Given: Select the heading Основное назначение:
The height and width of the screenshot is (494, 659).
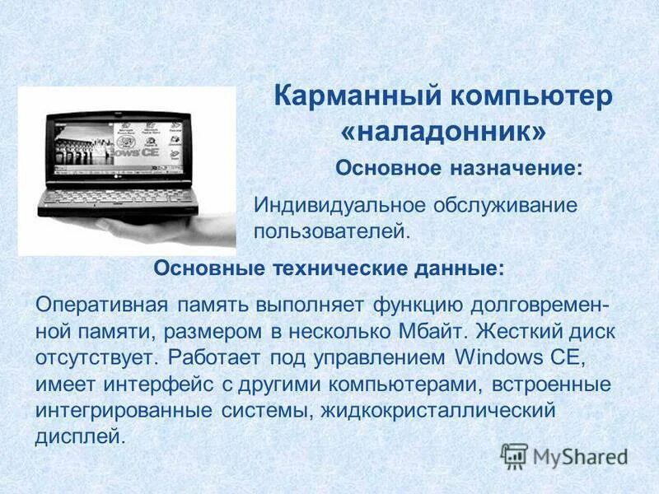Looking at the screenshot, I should pos(459,168).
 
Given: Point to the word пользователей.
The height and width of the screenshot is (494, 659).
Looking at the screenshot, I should pos(331,230).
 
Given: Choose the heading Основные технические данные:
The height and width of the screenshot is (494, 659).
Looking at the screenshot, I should pos(329,268).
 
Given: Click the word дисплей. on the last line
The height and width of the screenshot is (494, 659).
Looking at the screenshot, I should pos(81,436).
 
